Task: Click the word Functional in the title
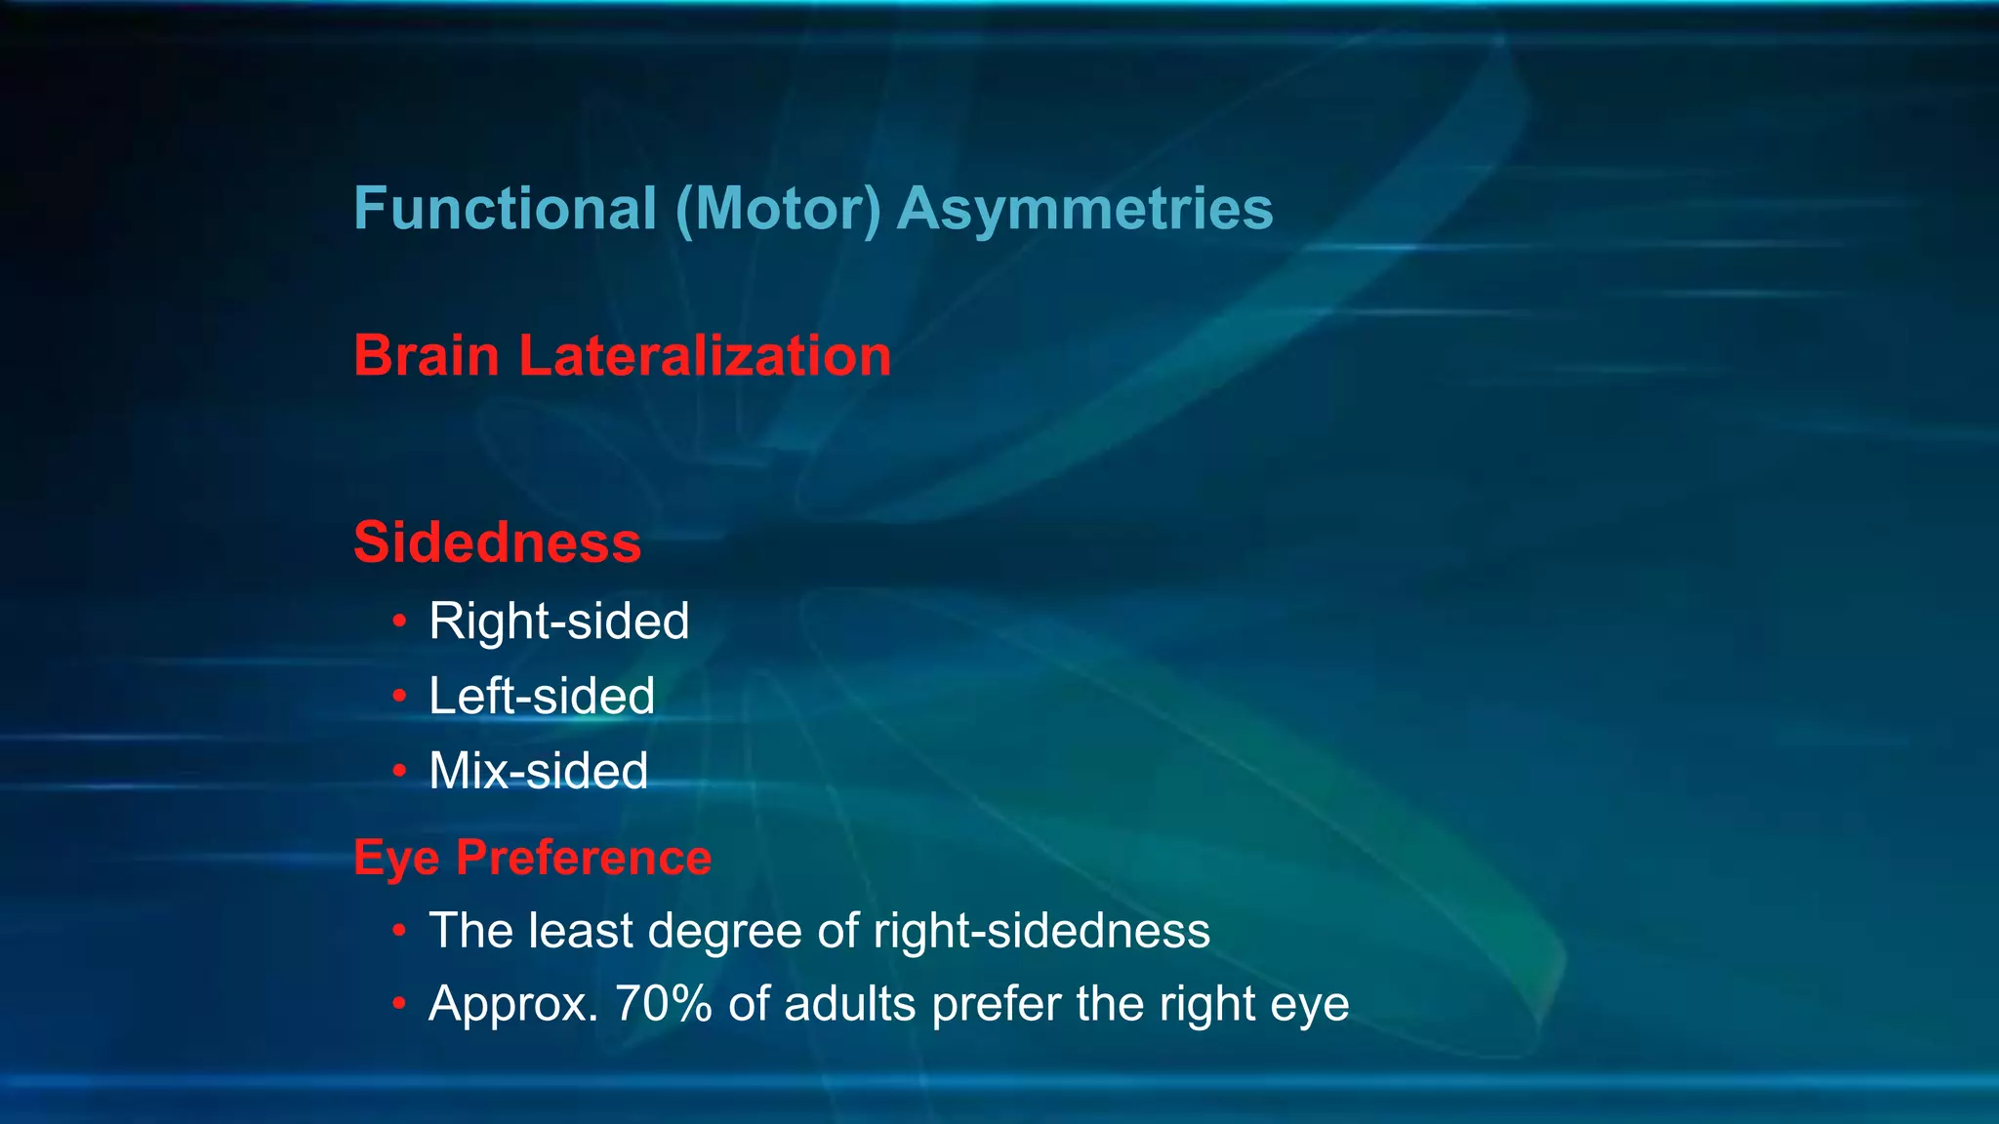point(505,209)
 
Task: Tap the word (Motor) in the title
point(778,209)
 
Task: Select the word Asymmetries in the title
point(1084,209)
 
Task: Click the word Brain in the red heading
point(427,355)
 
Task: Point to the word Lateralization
point(705,355)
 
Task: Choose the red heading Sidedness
point(497,542)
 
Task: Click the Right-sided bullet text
point(559,622)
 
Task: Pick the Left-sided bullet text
point(542,697)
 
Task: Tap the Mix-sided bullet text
point(538,771)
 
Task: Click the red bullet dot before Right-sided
point(398,622)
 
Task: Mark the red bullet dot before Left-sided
point(398,697)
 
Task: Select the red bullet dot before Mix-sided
point(398,771)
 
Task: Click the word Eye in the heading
point(396,859)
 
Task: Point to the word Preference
point(584,859)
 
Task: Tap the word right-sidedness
point(1041,931)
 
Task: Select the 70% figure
point(664,1004)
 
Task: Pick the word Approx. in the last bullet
point(513,1004)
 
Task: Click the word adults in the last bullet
point(849,1004)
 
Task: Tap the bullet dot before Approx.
point(398,1004)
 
